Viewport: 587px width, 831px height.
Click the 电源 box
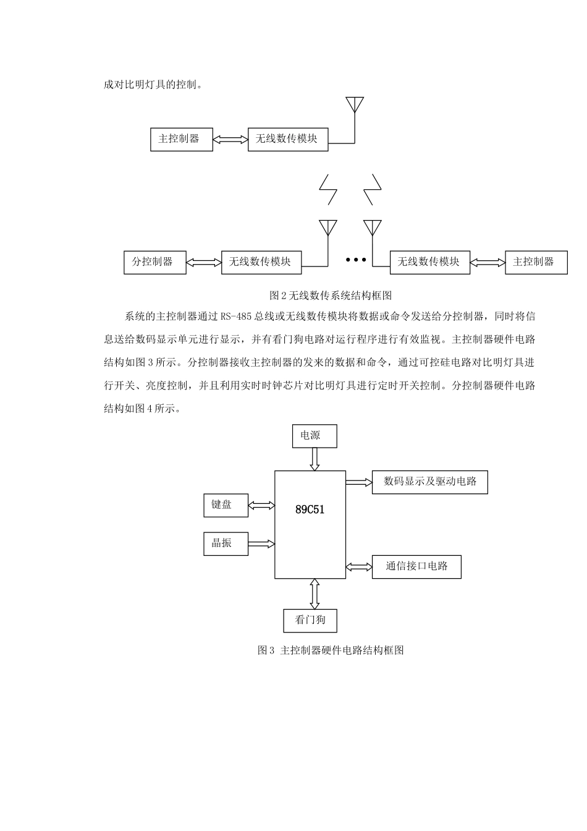click(x=315, y=436)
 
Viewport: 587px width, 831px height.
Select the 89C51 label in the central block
click(x=310, y=509)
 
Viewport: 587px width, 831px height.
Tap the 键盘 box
click(x=226, y=505)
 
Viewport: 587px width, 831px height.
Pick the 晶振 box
click(x=226, y=543)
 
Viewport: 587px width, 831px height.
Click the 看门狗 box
click(x=310, y=620)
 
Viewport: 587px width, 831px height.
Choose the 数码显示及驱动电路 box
click(x=429, y=482)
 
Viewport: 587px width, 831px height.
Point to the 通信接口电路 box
click(x=416, y=566)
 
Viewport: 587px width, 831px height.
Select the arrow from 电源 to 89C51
click(x=315, y=459)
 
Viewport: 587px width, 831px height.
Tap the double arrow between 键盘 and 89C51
click(x=261, y=506)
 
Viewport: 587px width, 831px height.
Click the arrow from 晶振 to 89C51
click(x=261, y=544)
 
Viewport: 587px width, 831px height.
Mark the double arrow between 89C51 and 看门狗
click(x=315, y=594)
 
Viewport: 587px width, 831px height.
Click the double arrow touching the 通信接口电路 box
click(x=359, y=566)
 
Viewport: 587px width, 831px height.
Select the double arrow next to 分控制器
click(x=203, y=262)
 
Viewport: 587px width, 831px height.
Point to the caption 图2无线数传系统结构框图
click(x=331, y=296)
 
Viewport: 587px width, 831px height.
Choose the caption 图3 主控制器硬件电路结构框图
click(x=331, y=650)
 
